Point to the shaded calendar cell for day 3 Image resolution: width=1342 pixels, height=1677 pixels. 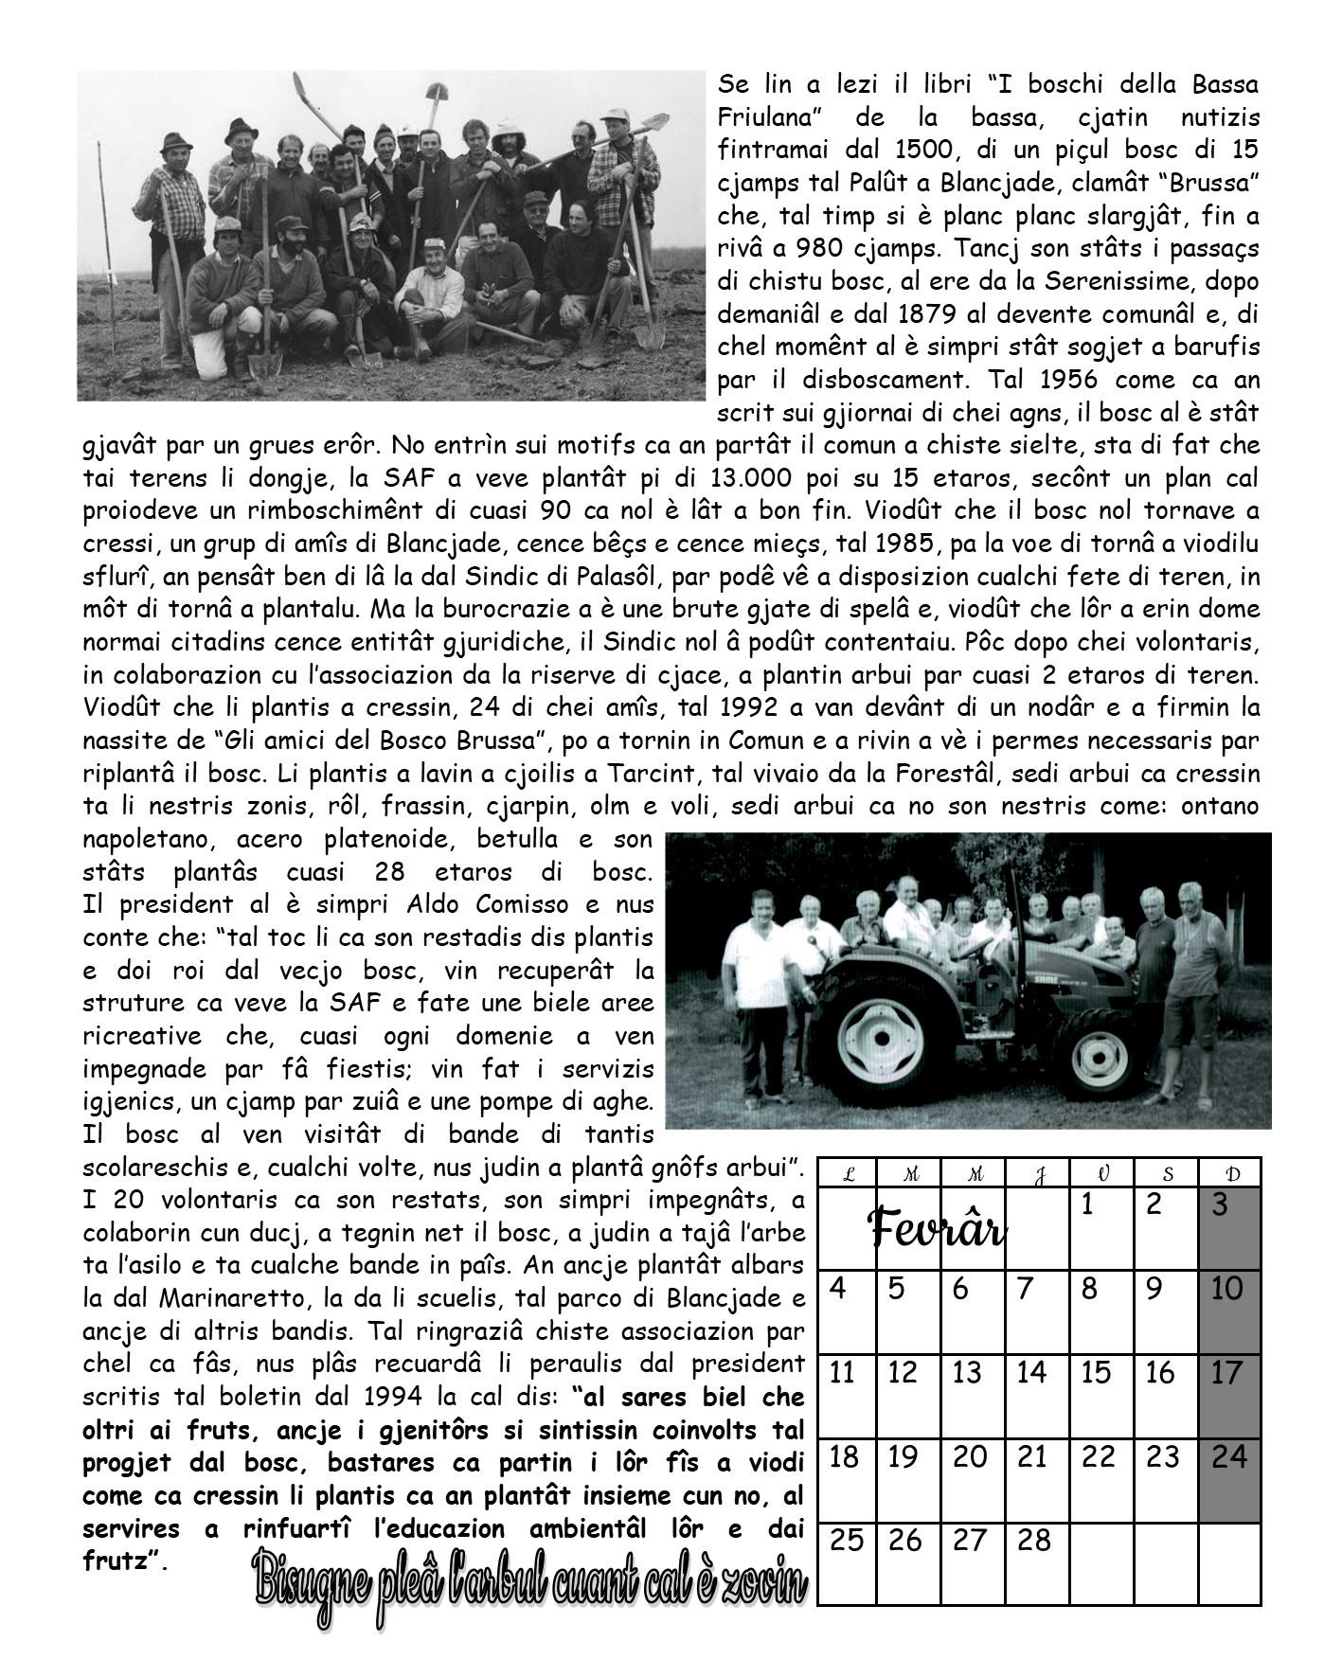[1229, 1228]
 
